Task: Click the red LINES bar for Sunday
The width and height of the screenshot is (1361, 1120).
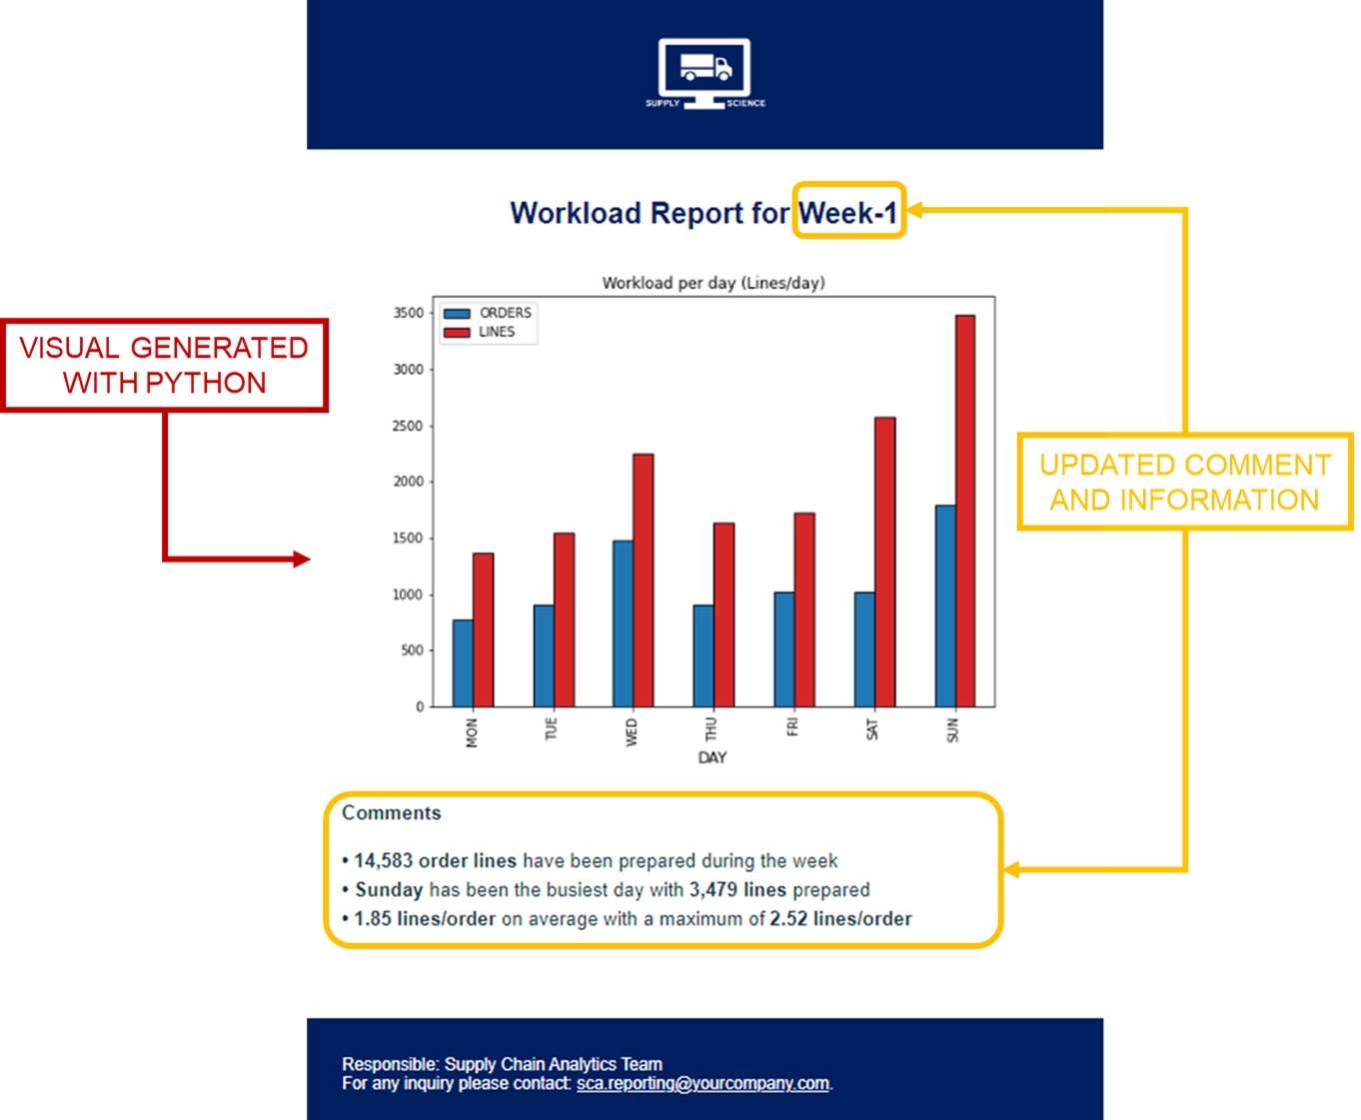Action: pyautogui.click(x=964, y=511)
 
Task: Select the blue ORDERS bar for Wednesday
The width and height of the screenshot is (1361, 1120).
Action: pyautogui.click(x=623, y=623)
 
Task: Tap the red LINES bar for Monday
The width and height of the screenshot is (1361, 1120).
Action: pyautogui.click(x=483, y=629)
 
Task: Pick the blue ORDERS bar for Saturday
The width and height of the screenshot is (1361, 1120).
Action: pyautogui.click(x=864, y=649)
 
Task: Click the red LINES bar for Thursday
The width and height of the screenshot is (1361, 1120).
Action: pyautogui.click(x=723, y=614)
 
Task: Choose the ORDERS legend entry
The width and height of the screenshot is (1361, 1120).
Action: pyautogui.click(x=488, y=313)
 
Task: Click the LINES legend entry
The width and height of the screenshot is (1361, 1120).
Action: pyautogui.click(x=479, y=332)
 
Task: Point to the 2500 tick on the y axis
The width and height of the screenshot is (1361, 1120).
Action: pyautogui.click(x=408, y=426)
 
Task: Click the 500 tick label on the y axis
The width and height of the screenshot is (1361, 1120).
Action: pyautogui.click(x=412, y=650)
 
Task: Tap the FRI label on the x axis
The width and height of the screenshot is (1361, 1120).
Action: pyautogui.click(x=791, y=726)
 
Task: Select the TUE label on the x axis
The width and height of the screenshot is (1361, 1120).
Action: pyautogui.click(x=551, y=728)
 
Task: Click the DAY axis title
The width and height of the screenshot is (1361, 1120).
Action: pyautogui.click(x=711, y=757)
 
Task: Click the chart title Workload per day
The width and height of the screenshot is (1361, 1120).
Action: pyautogui.click(x=713, y=283)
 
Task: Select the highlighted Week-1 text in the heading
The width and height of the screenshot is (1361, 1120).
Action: pyautogui.click(x=848, y=212)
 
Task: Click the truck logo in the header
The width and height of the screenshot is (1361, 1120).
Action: pyautogui.click(x=704, y=73)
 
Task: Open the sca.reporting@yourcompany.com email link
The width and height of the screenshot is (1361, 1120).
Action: pyautogui.click(x=702, y=1083)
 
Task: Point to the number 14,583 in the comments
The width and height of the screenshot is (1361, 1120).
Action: pyautogui.click(x=383, y=860)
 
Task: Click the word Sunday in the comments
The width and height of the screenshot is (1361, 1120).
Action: pyautogui.click(x=389, y=889)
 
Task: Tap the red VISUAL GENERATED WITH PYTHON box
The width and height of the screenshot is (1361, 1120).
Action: pyautogui.click(x=164, y=365)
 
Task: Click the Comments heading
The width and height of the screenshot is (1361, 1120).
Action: pyautogui.click(x=391, y=812)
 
